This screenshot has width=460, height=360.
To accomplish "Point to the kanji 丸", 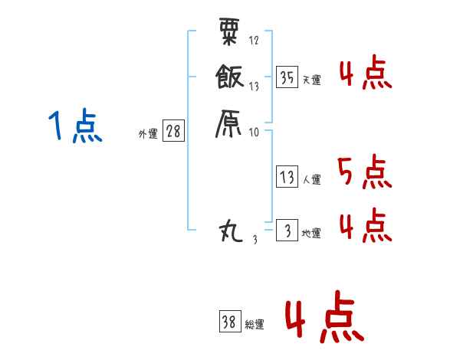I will [232, 230].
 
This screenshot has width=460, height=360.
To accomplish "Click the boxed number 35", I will [287, 77].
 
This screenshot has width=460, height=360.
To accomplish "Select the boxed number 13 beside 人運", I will [287, 178].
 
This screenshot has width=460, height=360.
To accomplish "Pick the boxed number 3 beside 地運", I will [287, 231].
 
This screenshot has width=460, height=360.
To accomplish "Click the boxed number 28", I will [173, 132].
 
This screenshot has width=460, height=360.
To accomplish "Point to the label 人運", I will [312, 180].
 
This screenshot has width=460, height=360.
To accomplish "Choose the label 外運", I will [148, 134].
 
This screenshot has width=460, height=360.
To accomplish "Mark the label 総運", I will [255, 325].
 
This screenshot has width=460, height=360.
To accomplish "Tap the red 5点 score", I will [364, 172].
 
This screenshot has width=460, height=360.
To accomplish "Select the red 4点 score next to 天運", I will [364, 74].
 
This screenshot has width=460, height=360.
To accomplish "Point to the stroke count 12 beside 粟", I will [254, 40].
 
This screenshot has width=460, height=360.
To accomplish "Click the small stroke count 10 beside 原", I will [254, 132].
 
